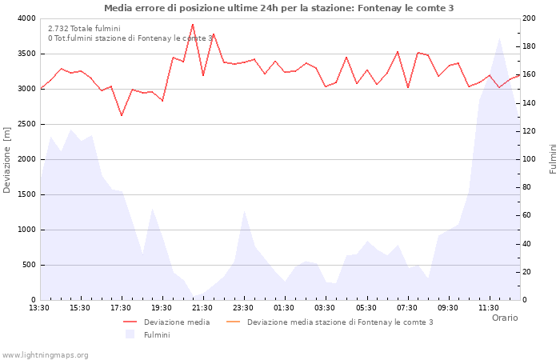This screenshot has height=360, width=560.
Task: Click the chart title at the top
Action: coord(278,8)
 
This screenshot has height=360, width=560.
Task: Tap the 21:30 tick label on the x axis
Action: coord(202,307)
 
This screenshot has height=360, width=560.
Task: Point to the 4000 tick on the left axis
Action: coord(26,18)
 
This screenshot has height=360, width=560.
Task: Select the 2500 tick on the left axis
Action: coord(26,124)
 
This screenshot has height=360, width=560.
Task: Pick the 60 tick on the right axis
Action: coord(530,215)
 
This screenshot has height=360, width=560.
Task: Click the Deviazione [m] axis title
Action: coord(8,159)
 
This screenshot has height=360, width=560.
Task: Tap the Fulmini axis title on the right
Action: coord(552,158)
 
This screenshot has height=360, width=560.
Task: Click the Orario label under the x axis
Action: coord(504,318)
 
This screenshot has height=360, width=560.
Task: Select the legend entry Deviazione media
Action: coord(177,322)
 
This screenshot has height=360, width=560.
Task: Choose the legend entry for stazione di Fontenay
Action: coord(340,322)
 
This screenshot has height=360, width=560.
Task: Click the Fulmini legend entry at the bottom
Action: coord(157,335)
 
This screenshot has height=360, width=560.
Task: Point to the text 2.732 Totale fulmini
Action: coord(84,29)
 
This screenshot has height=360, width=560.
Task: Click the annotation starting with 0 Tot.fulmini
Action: coord(130,38)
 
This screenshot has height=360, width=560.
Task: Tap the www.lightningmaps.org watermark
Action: coord(46,354)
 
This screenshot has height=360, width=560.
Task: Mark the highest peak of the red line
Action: coord(193,24)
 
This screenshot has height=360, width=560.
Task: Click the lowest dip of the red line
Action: coord(122,115)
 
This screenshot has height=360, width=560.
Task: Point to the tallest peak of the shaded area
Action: coord(499,38)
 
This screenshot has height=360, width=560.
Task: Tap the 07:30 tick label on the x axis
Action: coord(406,307)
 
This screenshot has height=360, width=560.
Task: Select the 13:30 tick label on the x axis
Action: coord(39,307)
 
